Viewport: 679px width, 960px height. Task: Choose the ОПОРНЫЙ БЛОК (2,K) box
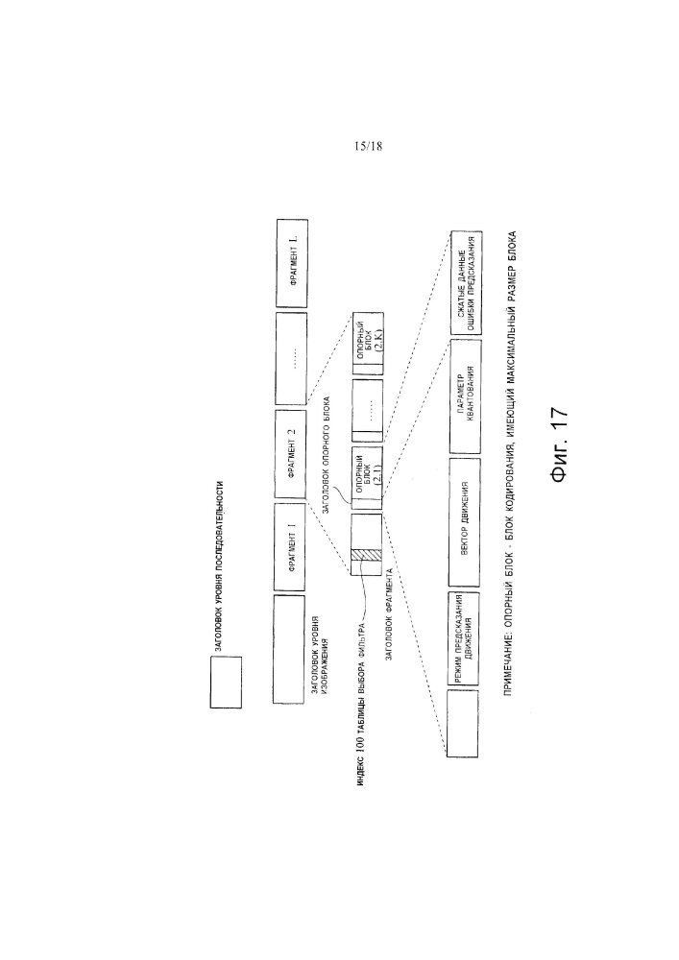point(367,346)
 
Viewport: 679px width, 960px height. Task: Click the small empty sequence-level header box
point(225,683)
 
